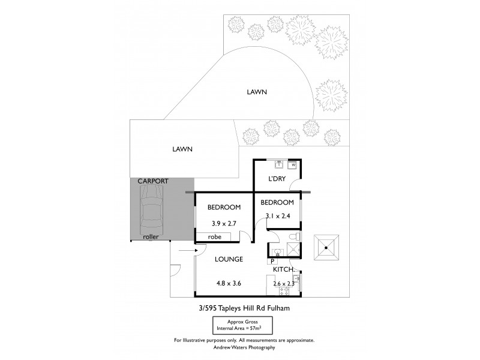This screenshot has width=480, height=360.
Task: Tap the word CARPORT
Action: tap(152, 181)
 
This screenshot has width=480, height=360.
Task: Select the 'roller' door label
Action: tap(151, 237)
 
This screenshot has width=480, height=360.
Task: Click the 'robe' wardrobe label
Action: tap(215, 237)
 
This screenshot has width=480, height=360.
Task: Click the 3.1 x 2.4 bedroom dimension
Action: tap(277, 217)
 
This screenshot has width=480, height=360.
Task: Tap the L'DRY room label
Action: tap(277, 179)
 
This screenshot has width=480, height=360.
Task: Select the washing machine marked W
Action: tap(293, 164)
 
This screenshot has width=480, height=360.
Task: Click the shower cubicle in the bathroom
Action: tap(297, 251)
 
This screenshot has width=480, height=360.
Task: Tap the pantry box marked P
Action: tap(272, 261)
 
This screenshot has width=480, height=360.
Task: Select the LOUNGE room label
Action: tap(229, 260)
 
